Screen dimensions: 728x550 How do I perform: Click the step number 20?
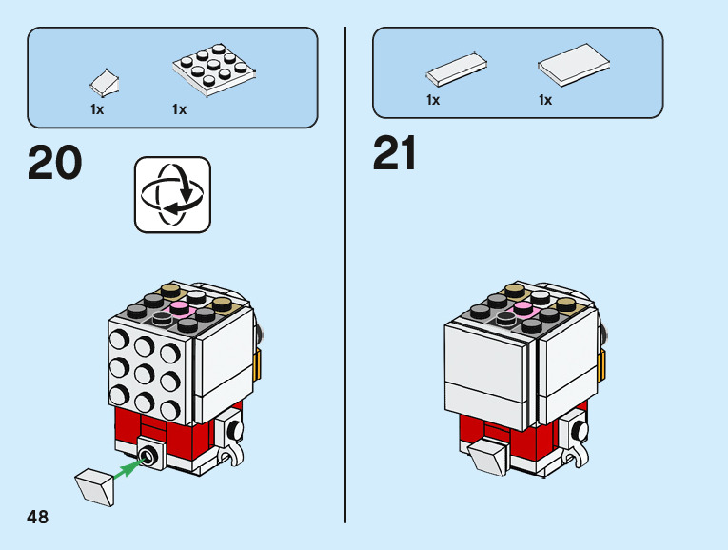(x=55, y=162)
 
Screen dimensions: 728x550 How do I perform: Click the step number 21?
(x=394, y=152)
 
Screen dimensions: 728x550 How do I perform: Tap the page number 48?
(x=38, y=517)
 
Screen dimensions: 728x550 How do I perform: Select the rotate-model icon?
(x=172, y=194)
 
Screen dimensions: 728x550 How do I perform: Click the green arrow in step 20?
(x=128, y=468)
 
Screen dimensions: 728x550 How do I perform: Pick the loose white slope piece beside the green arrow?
(x=95, y=487)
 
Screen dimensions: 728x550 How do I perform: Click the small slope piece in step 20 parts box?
(x=105, y=83)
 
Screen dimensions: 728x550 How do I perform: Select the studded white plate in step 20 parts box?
(x=214, y=69)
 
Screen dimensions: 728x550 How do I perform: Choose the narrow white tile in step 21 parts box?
(x=457, y=69)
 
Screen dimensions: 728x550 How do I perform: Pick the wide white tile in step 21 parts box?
(x=574, y=65)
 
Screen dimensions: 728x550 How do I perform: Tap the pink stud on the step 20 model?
(x=180, y=306)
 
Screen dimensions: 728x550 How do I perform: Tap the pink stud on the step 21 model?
(x=523, y=307)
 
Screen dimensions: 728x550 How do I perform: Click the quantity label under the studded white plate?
(x=179, y=109)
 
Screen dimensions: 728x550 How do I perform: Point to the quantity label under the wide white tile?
(x=545, y=100)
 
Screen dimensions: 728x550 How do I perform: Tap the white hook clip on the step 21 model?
(x=578, y=454)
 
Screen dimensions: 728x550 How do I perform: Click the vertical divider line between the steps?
(x=344, y=275)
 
